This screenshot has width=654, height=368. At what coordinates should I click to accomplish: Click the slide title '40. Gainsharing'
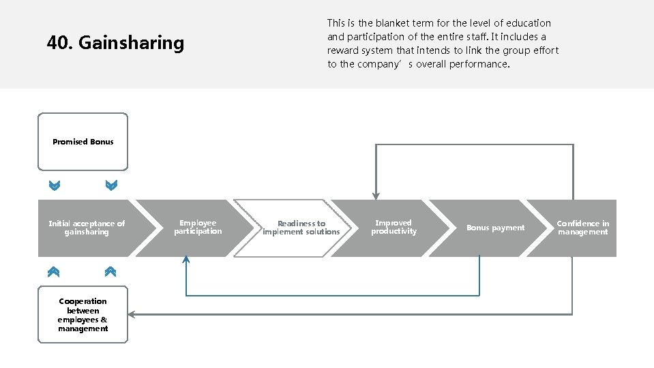pyautogui.click(x=115, y=44)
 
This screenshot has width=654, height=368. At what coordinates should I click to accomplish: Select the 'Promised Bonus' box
pyautogui.click(x=83, y=142)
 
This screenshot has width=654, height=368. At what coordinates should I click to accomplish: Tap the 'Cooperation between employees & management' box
pyautogui.click(x=83, y=315)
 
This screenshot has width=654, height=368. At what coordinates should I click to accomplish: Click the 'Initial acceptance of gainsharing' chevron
pyautogui.click(x=87, y=228)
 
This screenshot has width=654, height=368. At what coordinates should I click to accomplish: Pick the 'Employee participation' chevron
pyautogui.click(x=198, y=228)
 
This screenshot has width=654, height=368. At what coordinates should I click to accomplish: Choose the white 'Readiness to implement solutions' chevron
pyautogui.click(x=301, y=228)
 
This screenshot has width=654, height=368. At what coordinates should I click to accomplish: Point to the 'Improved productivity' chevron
pyautogui.click(x=393, y=228)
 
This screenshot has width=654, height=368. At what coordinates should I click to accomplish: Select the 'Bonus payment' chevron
pyautogui.click(x=495, y=228)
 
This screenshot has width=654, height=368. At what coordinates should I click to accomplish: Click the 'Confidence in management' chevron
pyautogui.click(x=582, y=228)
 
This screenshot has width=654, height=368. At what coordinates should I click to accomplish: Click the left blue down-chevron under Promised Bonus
pyautogui.click(x=55, y=185)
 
